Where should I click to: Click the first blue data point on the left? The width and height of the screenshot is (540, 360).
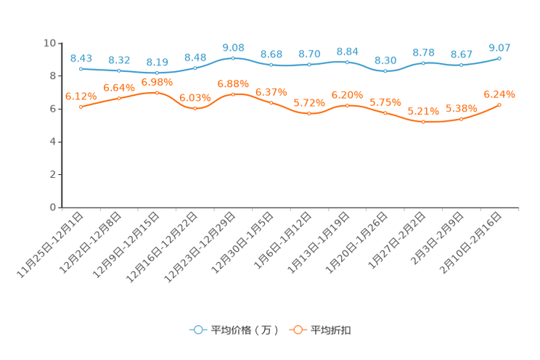click(x=81, y=68)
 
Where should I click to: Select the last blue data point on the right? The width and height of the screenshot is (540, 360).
click(x=499, y=58)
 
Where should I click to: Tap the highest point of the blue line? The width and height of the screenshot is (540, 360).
click(x=233, y=57)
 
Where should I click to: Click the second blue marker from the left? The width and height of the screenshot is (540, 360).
click(x=119, y=70)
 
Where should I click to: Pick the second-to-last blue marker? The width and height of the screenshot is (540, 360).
click(x=461, y=65)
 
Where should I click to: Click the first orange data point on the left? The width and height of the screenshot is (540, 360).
click(x=81, y=107)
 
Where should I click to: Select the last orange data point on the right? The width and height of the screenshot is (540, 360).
click(x=499, y=105)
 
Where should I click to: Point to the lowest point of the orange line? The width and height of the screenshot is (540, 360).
click(x=423, y=122)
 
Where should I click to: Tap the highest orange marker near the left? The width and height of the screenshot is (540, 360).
click(x=157, y=93)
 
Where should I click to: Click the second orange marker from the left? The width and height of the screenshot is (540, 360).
click(x=119, y=99)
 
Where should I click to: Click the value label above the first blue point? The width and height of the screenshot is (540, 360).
click(x=81, y=57)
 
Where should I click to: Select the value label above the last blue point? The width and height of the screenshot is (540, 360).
click(x=499, y=47)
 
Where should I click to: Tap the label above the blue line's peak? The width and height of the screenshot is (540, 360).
click(x=233, y=47)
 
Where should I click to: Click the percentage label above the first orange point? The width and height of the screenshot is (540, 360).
click(x=81, y=96)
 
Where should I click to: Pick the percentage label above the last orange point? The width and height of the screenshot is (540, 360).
click(x=499, y=94)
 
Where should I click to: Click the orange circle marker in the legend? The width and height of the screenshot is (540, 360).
click(x=298, y=330)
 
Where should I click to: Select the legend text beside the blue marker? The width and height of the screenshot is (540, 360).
click(x=244, y=330)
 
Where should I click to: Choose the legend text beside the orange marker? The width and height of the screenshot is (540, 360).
click(x=331, y=330)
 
